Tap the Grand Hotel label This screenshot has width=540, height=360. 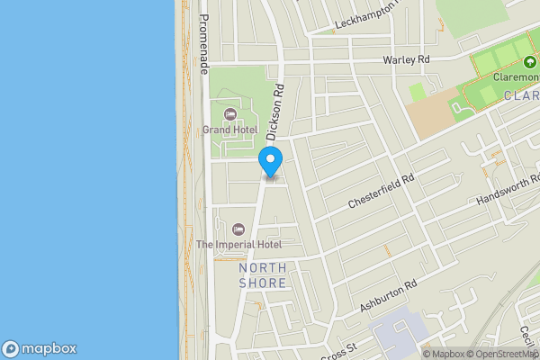pos(229,130)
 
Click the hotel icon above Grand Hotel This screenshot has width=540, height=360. pos(230,114)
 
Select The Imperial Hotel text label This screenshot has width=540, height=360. pos(239,244)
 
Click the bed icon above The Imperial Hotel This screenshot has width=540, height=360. pos(238,229)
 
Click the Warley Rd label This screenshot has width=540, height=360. pos(407,60)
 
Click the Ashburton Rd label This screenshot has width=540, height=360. pos(389,296)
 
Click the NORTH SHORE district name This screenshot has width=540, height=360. pos(263,275)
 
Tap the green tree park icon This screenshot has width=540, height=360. pos(528,63)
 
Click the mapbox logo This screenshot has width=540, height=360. pos(39,348)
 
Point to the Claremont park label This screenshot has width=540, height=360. pos(508,77)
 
